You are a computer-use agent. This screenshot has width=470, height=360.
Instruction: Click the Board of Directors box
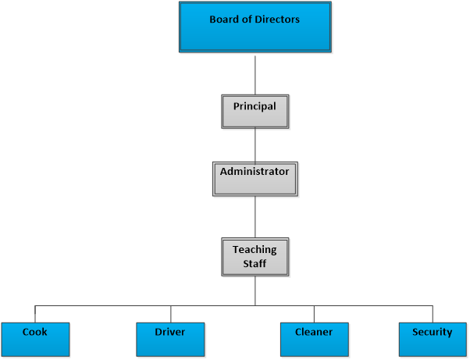(x=255, y=27)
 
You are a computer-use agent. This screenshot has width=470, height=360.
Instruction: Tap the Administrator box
(x=255, y=179)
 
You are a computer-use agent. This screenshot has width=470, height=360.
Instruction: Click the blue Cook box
(x=35, y=339)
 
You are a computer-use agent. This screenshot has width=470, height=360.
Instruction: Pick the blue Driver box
(x=170, y=339)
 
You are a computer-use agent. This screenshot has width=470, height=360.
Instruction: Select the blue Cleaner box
(x=314, y=339)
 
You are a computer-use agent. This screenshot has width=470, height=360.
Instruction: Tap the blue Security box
(x=433, y=339)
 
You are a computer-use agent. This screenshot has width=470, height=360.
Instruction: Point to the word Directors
(x=276, y=20)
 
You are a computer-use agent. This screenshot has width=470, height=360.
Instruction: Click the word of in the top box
(x=247, y=20)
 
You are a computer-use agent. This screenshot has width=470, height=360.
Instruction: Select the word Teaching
(x=255, y=250)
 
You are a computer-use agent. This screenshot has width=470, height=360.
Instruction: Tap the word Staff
(x=255, y=265)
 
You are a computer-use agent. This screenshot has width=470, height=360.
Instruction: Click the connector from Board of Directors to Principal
(x=255, y=74)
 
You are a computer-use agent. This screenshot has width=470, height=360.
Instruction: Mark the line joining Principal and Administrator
(x=255, y=145)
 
